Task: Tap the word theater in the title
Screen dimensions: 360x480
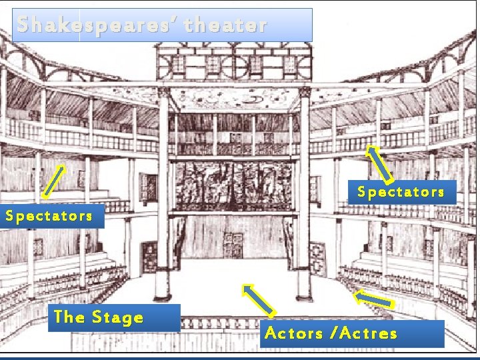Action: [227, 25]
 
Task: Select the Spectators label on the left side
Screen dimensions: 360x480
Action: [49, 216]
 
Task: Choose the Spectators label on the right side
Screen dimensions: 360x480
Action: [401, 192]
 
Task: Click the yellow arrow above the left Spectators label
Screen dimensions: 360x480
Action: [54, 181]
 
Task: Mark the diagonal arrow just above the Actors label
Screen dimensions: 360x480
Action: [258, 299]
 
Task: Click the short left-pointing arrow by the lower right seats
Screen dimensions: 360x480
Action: [373, 299]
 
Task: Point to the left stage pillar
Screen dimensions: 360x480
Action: [162, 200]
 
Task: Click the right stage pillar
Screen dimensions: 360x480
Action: [304, 200]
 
